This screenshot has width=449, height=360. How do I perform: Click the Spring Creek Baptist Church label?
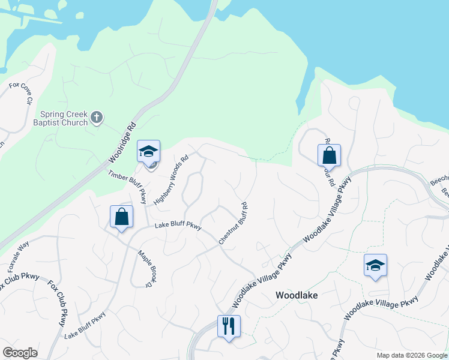[x=64, y=118]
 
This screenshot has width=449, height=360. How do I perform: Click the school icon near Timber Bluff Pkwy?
[x=148, y=152]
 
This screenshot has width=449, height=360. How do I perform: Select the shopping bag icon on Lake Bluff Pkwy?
[x=122, y=217]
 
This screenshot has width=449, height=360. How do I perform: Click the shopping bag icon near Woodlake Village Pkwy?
[x=329, y=156]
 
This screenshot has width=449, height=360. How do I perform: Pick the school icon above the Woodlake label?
[x=375, y=266]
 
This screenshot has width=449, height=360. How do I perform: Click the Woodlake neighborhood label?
[x=296, y=295]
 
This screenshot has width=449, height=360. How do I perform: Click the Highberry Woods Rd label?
[x=171, y=180]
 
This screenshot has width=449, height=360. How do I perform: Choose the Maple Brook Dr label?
[x=144, y=268]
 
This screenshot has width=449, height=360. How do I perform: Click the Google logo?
[x=20, y=353]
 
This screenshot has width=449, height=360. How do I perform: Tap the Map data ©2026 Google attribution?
[x=412, y=355]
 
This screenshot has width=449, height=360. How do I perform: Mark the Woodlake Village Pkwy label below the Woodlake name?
[x=381, y=308]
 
